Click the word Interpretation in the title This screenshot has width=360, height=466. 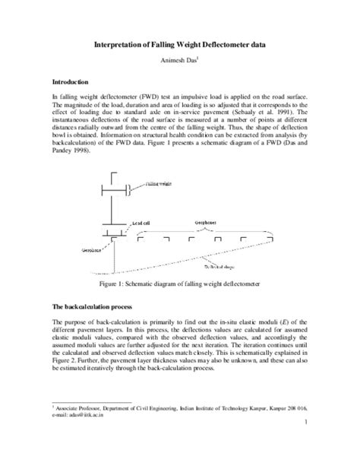124,45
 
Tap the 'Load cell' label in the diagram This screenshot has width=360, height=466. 143,222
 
